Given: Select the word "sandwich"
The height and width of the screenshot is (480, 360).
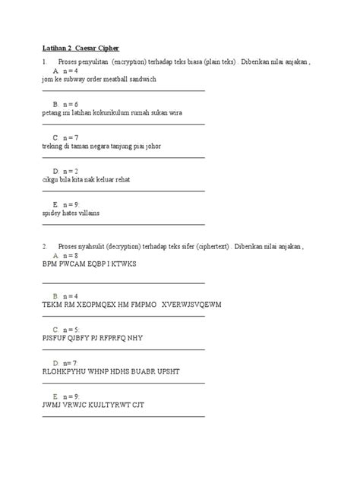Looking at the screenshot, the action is [x=141, y=79].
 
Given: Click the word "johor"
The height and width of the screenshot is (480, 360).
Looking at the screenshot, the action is [x=150, y=145].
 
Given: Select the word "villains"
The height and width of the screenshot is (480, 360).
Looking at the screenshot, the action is [x=87, y=213].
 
